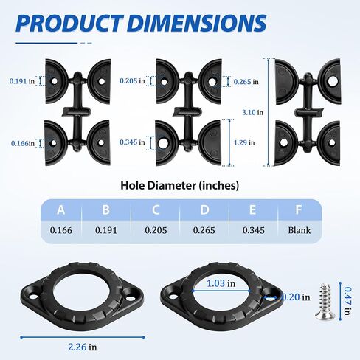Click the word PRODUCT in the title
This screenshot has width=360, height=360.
(x=69, y=24)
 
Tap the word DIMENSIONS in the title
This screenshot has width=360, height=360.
(x=197, y=24)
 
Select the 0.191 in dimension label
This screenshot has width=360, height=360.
(x=22, y=81)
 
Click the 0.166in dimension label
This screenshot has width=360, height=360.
(x=23, y=143)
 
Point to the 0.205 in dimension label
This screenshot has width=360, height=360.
(x=132, y=80)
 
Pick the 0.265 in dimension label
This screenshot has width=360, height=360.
(x=246, y=82)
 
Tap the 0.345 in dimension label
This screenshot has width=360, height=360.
(x=132, y=142)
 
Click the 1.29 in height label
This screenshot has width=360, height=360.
(x=244, y=142)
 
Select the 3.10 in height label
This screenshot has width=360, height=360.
(x=252, y=112)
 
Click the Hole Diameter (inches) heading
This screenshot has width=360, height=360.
(x=180, y=186)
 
